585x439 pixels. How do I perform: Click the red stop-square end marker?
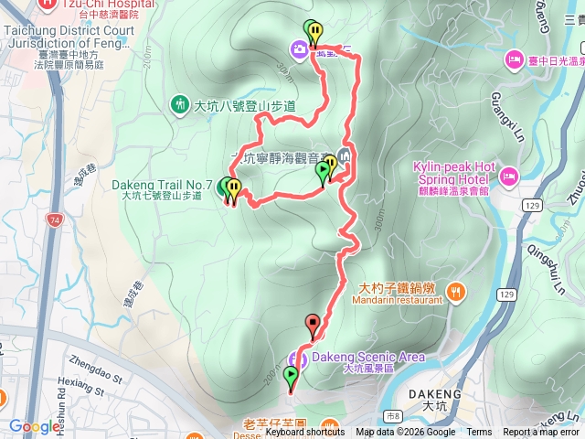pos(314,323)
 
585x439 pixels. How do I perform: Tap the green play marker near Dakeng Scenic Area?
pos(292,375)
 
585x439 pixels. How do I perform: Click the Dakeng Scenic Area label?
pos(368,357)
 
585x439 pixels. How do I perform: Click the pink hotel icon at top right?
pos(512,60)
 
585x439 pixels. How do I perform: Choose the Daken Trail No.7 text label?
pos(163,184)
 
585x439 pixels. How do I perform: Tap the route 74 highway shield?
pos(57,220)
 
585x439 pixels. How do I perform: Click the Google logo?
pos(35,426)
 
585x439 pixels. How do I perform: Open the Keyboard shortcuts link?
pos(305,433)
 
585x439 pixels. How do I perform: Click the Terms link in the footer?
pos(479,433)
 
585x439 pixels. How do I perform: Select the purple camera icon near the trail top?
pos(300,48)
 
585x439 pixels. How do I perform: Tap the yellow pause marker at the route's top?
pos(314,35)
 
